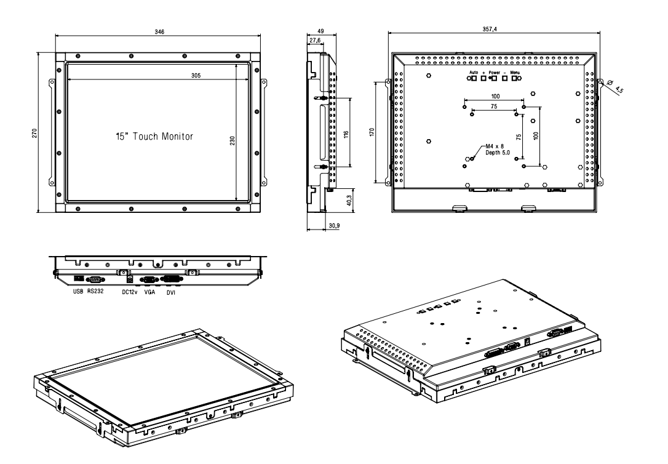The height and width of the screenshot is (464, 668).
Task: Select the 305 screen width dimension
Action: coord(194,74)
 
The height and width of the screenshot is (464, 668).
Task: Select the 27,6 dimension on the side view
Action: coord(314,40)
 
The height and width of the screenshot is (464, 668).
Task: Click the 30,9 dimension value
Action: coord(334,226)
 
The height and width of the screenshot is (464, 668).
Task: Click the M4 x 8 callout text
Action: coord(495,146)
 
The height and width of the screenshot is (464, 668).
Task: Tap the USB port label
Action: coord(78,292)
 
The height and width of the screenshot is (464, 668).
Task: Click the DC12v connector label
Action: coord(129,292)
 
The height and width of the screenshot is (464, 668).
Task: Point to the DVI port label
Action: coord(170,292)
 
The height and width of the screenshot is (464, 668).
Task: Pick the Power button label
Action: coord(495,73)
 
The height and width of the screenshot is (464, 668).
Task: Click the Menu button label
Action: coord(515,73)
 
